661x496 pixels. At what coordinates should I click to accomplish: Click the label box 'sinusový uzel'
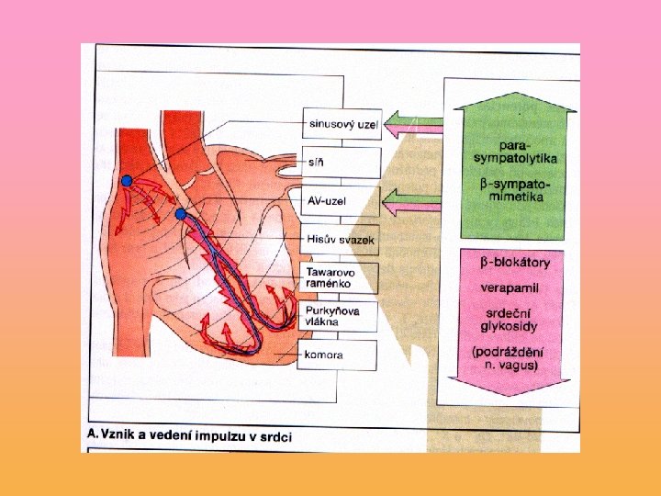340,123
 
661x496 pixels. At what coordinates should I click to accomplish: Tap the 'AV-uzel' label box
340,200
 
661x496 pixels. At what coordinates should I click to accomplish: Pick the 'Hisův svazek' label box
340,239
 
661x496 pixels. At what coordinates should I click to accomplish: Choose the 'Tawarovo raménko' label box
340,278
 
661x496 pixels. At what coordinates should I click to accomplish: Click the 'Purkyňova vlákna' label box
340,317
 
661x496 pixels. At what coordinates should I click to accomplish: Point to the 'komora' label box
340,355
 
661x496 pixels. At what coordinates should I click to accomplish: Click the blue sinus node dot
127,180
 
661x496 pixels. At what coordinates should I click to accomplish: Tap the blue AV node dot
181,215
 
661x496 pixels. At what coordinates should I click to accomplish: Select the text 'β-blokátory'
515,264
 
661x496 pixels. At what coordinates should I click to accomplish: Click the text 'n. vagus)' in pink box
512,366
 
